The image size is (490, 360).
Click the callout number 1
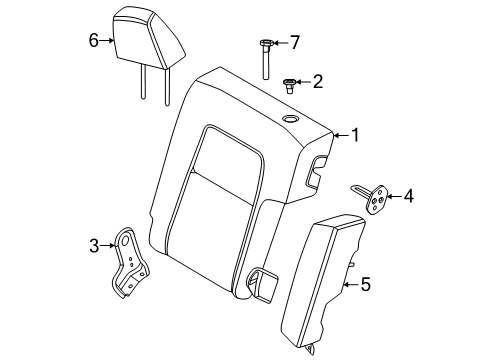click(356, 135)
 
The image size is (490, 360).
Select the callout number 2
click(318, 82)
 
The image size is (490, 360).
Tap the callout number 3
click(94, 246)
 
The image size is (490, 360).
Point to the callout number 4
click(409, 196)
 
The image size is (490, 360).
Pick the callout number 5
click(366, 284)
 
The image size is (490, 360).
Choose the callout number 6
click(94, 40)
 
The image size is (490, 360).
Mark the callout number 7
click(295, 42)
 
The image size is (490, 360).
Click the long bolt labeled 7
click(266, 59)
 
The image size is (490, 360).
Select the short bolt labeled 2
click(289, 86)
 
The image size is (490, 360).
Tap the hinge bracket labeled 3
click(130, 263)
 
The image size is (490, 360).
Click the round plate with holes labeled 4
click(375, 199)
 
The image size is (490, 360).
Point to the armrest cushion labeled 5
click(322, 280)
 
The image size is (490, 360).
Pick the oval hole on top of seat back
click(291, 119)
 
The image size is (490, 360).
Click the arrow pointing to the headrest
click(107, 40)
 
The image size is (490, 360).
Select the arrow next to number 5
click(351, 284)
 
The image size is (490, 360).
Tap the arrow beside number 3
click(108, 246)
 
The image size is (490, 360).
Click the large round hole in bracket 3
click(125, 241)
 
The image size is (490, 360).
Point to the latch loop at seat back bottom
click(262, 284)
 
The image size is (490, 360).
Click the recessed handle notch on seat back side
click(316, 173)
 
